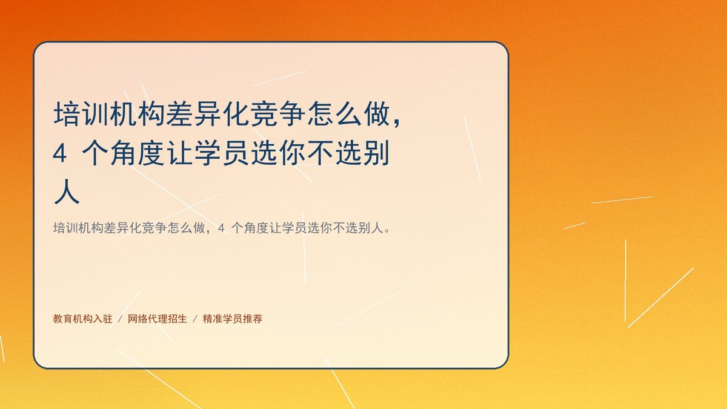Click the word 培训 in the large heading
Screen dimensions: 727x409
[81, 114]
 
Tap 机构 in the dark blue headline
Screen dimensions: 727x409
[138, 114]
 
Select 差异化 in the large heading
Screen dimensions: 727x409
[208, 114]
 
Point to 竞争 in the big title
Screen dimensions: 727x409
[279, 114]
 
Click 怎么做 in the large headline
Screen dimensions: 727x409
[348, 114]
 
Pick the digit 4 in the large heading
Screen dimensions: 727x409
[59, 153]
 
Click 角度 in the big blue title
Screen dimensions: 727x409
[138, 153]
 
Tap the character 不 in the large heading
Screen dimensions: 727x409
[320, 153]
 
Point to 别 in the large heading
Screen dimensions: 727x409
[376, 153]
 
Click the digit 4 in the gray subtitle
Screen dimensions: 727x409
[221, 228]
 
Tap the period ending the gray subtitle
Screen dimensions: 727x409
[387, 231]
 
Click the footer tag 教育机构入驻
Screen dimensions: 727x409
[82, 319]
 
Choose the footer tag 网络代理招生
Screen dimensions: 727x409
[158, 319]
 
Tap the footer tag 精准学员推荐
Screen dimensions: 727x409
[233, 319]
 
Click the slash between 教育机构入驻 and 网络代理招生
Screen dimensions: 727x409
[120, 319]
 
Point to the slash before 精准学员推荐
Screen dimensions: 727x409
[195, 319]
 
